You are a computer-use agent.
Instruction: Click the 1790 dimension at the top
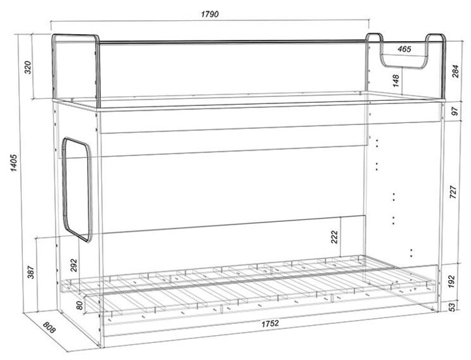(x=210, y=14)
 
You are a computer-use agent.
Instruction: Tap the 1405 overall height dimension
(x=14, y=163)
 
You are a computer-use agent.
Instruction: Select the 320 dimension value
(x=27, y=67)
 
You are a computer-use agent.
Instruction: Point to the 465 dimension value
(x=404, y=48)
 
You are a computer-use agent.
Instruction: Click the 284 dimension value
(x=455, y=71)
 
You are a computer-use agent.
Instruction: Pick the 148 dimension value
(x=396, y=81)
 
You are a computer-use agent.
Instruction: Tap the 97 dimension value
(x=455, y=111)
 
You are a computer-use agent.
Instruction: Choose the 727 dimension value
(x=453, y=192)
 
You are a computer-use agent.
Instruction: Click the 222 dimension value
(x=335, y=238)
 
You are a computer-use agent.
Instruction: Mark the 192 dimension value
(x=452, y=281)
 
